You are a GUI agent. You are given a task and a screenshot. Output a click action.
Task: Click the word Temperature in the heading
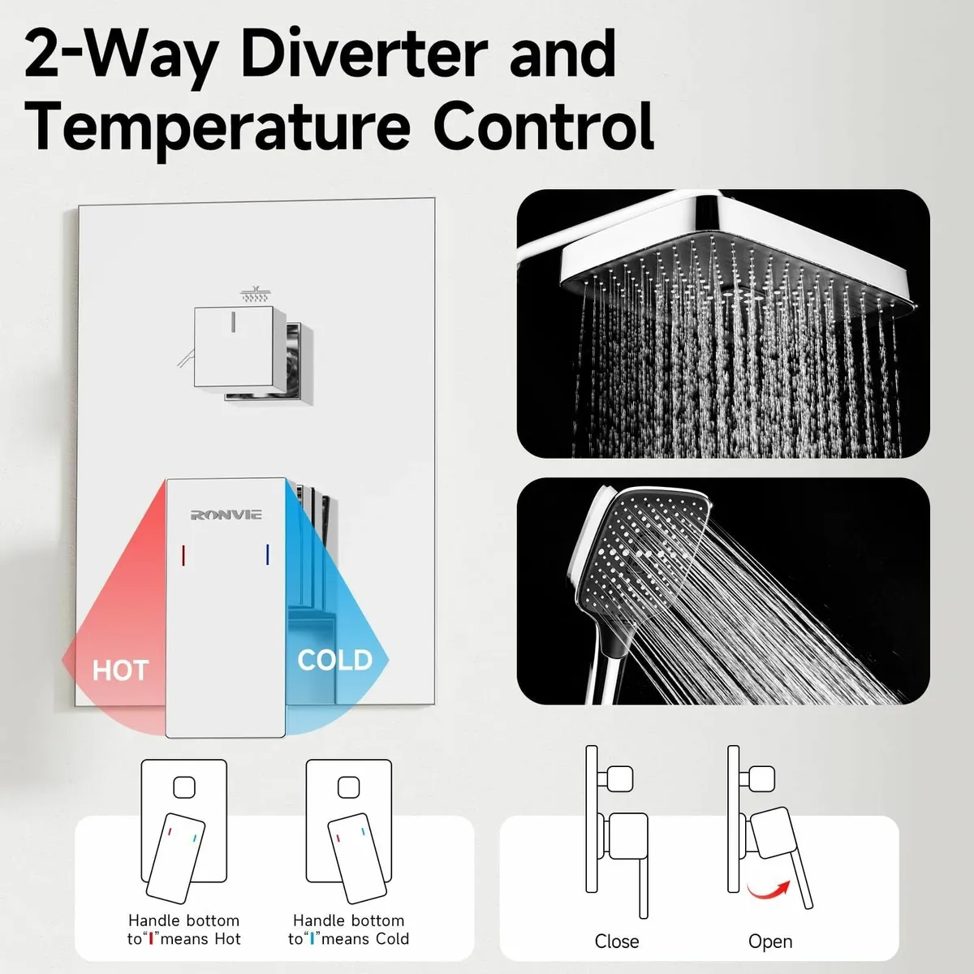[217, 126]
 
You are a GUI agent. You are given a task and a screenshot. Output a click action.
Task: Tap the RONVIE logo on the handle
[226, 515]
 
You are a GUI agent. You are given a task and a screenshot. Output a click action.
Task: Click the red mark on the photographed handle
[183, 555]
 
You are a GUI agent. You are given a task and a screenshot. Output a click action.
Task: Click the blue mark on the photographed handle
[267, 554]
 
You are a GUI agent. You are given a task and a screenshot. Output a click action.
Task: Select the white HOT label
[120, 670]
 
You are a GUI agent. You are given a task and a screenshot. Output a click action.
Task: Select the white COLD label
[335, 660]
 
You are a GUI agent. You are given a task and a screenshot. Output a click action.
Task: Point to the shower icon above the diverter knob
[254, 294]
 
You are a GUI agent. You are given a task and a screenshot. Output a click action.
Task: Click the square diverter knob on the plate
[234, 347]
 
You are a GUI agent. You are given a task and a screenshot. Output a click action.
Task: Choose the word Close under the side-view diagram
[617, 942]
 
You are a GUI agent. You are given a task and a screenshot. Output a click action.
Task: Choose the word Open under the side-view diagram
[770, 942]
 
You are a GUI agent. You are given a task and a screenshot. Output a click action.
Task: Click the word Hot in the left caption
[227, 938]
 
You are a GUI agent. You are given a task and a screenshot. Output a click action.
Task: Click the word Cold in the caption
[392, 938]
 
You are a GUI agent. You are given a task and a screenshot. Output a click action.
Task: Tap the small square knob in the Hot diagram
[184, 787]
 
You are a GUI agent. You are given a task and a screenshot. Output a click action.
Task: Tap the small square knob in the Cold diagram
[349, 787]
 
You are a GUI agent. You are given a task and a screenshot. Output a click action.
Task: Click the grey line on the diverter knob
[233, 322]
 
